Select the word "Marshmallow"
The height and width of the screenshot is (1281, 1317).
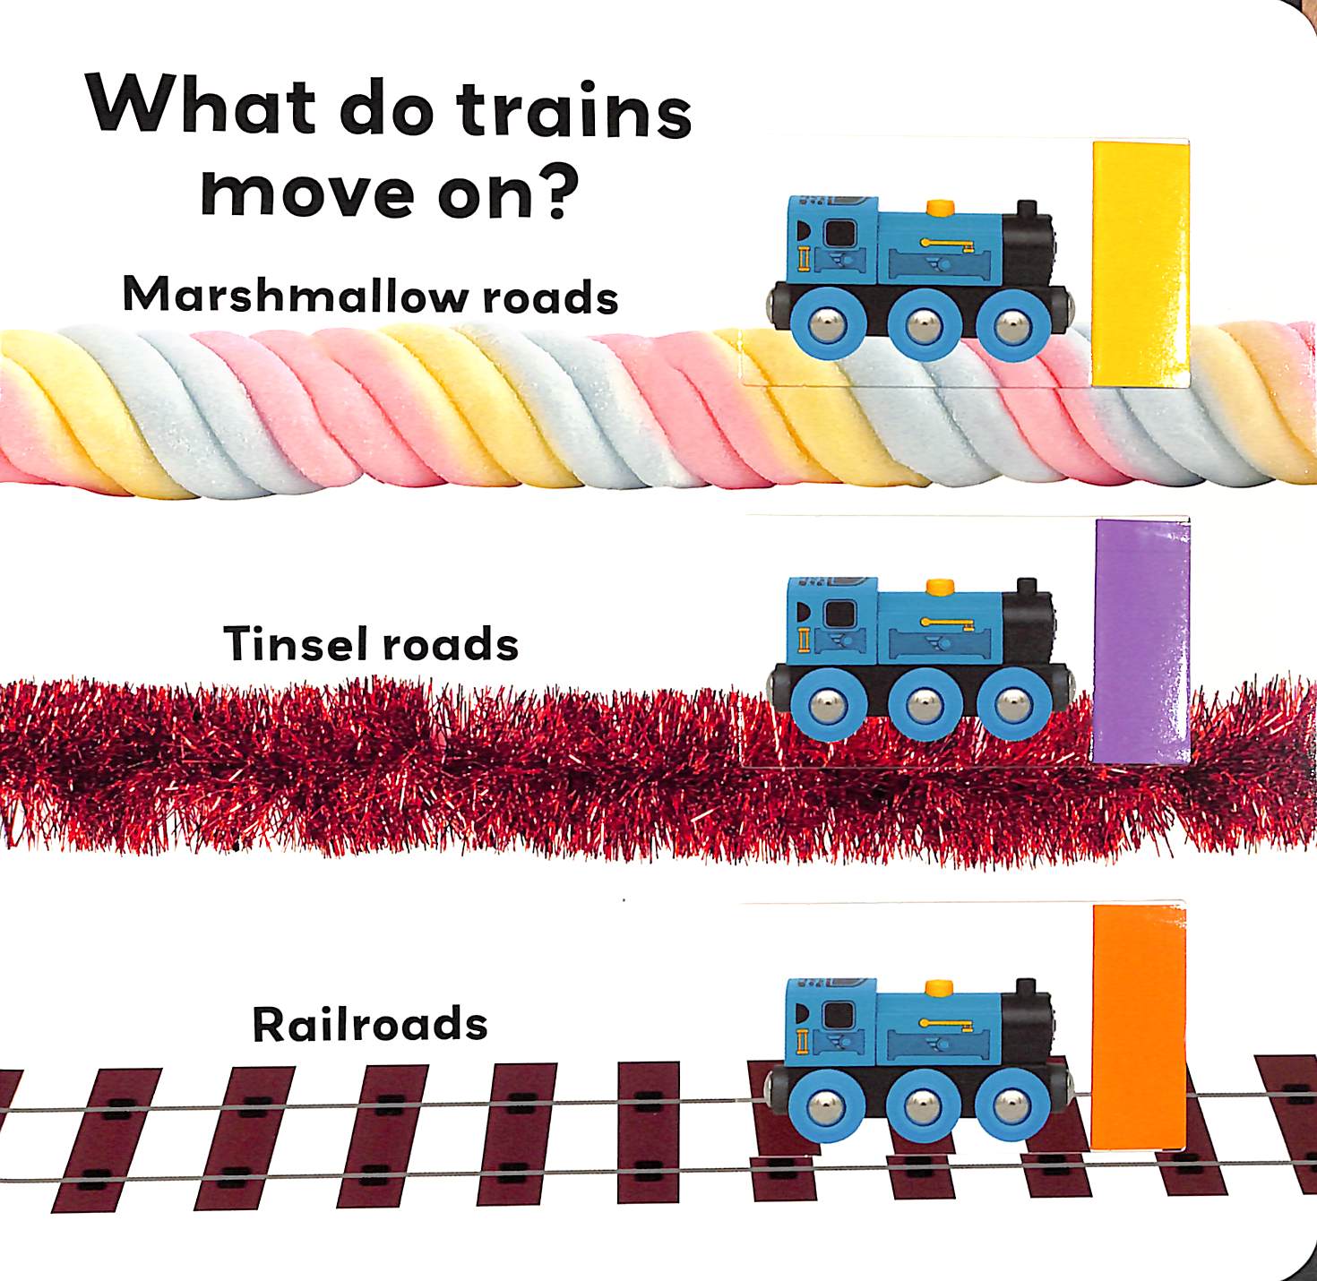295,295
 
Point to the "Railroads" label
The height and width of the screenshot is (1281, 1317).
370,1024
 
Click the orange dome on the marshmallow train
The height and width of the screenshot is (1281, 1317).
939,208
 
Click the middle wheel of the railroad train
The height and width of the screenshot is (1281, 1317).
921,1107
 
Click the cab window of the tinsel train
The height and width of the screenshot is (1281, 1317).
839,615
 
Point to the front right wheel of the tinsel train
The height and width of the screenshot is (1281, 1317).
1012,704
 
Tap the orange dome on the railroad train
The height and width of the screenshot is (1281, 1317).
939,988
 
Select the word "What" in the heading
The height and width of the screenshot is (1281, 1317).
202,105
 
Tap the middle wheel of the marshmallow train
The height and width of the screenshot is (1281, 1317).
921,325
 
